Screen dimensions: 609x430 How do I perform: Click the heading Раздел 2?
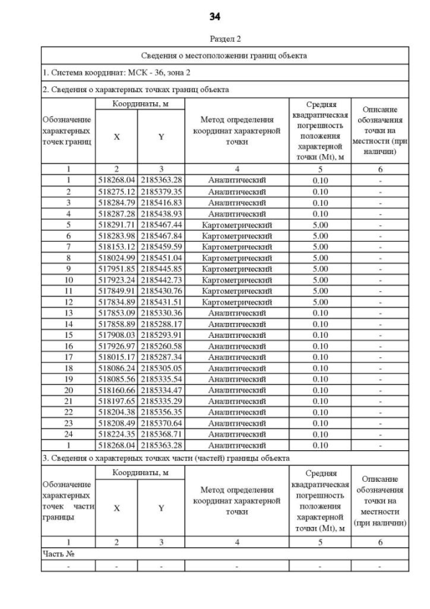(x=215, y=38)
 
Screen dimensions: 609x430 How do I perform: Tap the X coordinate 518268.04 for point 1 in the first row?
(x=117, y=180)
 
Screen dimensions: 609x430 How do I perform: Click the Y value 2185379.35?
(x=161, y=191)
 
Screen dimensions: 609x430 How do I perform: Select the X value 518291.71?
(x=117, y=224)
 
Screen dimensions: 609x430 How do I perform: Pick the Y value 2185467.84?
(x=161, y=236)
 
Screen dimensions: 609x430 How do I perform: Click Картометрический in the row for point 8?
(x=236, y=258)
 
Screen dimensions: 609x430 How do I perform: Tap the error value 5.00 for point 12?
(x=320, y=301)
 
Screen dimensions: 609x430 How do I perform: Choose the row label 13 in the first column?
(x=68, y=313)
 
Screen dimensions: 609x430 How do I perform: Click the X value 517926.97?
(x=117, y=346)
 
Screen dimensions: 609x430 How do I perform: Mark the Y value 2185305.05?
(x=161, y=368)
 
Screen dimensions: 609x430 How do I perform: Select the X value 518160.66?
(x=117, y=390)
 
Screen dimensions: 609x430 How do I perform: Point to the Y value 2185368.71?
(x=161, y=434)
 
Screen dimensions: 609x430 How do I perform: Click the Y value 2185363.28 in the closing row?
(x=161, y=445)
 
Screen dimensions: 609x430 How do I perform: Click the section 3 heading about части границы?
(x=165, y=458)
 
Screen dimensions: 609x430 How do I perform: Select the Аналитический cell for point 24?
(x=236, y=434)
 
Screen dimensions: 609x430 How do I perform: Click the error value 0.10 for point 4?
(x=320, y=213)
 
